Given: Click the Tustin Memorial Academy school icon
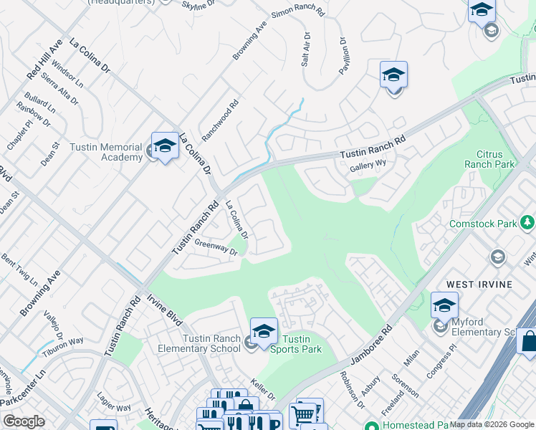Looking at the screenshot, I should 165,146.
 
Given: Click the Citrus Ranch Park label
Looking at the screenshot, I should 495,159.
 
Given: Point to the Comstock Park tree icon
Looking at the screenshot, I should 528,224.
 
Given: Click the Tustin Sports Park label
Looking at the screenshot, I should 295,344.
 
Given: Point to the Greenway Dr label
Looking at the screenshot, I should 216,247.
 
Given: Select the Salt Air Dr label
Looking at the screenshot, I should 306,49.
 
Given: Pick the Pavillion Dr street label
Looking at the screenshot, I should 343,55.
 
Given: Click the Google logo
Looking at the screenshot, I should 24,421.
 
